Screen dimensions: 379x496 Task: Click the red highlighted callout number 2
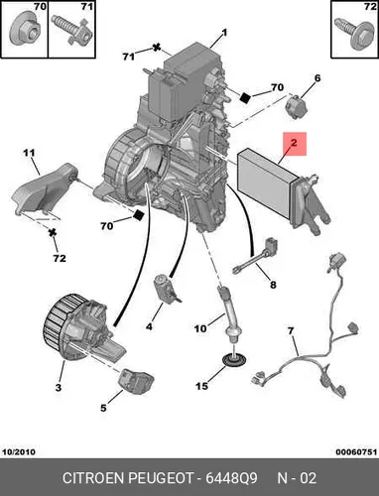click(294, 143)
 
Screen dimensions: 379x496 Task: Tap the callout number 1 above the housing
click(224, 33)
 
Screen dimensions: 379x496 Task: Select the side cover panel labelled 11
click(45, 190)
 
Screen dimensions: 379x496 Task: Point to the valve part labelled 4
click(167, 290)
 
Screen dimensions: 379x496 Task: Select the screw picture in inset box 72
click(354, 33)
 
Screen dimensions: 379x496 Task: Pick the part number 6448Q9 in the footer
click(231, 478)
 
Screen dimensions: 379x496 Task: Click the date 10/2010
click(19, 451)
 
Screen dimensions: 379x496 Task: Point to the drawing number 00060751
click(356, 451)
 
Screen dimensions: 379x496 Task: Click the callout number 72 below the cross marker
click(60, 258)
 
